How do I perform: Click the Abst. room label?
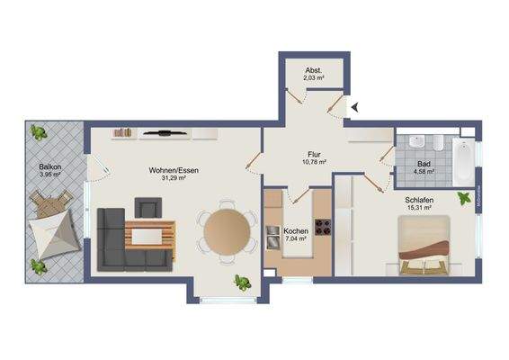(314, 70)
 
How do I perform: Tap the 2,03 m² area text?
(314, 79)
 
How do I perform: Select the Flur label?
(313, 153)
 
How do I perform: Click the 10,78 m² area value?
(313, 162)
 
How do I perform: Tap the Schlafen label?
(418, 200)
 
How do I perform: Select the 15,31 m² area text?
(419, 209)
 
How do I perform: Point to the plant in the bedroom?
(464, 197)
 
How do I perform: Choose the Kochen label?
(296, 232)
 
